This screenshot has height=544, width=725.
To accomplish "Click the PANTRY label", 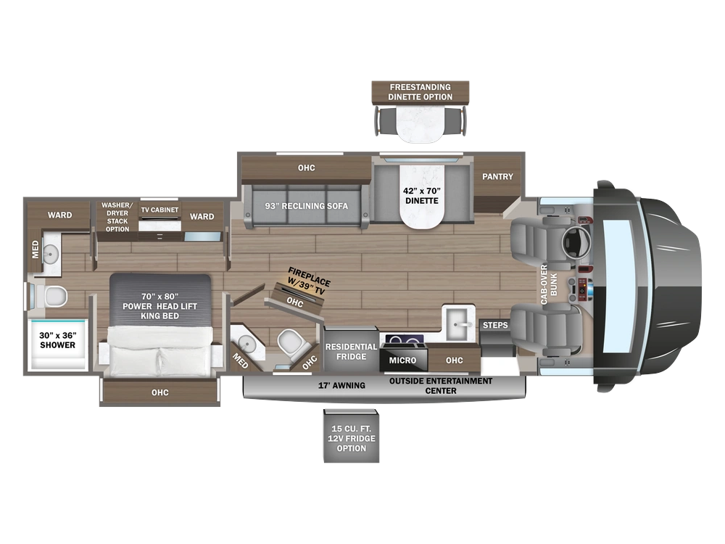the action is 497,176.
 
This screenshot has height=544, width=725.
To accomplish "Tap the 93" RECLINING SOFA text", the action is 306,206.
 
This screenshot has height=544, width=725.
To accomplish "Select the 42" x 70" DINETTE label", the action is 422,196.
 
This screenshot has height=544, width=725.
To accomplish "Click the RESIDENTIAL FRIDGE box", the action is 352,350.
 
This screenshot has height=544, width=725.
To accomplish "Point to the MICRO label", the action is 402,360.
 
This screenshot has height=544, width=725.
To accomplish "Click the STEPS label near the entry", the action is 495,325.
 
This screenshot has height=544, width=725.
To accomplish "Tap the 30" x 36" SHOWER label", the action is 57,340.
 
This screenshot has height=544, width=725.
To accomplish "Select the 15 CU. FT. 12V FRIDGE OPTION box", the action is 352,436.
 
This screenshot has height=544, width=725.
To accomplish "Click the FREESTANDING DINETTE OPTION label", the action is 420,91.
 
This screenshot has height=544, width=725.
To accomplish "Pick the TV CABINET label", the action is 159,210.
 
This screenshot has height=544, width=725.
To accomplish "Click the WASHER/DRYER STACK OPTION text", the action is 117,217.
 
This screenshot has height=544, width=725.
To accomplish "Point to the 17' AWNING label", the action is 341,385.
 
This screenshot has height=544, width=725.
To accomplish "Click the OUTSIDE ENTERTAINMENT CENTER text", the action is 441,386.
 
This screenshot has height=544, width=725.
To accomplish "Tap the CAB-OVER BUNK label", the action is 549,284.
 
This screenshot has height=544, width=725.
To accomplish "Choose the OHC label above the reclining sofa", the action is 306,168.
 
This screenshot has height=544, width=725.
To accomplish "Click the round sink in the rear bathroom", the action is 50,253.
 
